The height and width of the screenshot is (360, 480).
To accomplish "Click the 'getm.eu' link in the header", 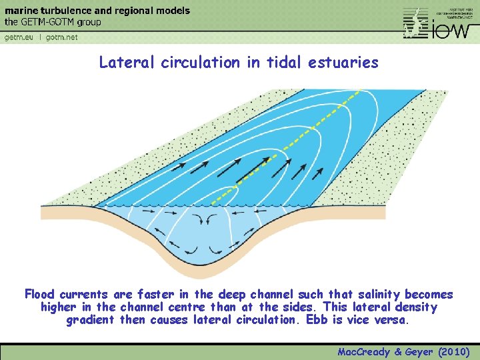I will click(x=19, y=37).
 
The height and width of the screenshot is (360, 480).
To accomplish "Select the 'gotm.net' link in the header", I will click(x=62, y=37).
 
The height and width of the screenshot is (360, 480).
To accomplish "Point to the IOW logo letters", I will click(x=453, y=30).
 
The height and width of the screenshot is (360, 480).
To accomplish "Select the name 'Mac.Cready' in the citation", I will click(x=363, y=351).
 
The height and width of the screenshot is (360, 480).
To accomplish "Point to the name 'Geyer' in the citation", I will click(x=417, y=351).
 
